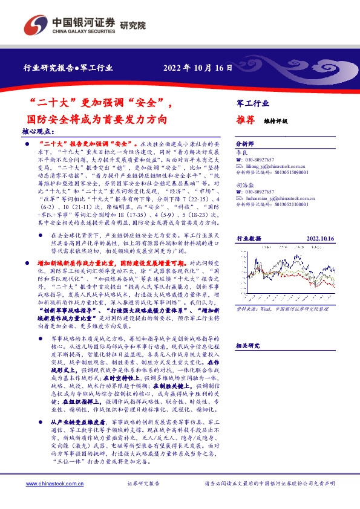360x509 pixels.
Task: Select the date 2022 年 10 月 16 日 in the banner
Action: pyautogui.click(x=197, y=68)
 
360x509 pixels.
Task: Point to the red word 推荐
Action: pyautogui.click(x=244, y=120)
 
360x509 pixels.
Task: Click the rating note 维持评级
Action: pyautogui.click(x=276, y=121)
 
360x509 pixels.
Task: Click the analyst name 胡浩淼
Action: pyautogui.click(x=244, y=187)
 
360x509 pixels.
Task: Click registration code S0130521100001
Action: pyautogui.click(x=290, y=206)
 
